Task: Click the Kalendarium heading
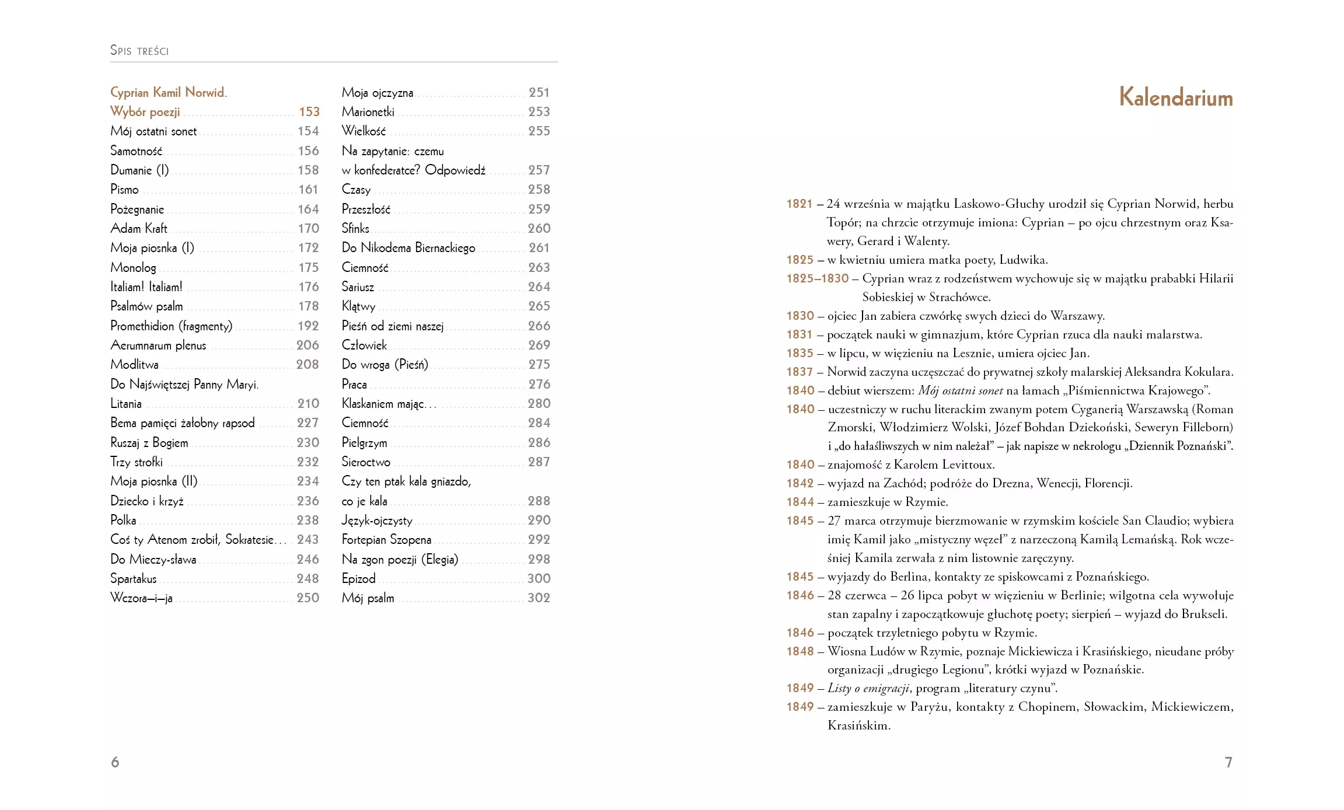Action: (1175, 97)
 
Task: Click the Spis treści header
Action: (139, 51)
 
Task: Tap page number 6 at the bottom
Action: (115, 762)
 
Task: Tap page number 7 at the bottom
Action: (1228, 762)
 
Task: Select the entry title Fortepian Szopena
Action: (386, 540)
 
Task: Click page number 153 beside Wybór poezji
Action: (309, 112)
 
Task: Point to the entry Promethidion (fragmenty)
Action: (171, 326)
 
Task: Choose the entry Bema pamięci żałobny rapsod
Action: (182, 423)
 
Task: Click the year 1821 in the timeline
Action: (800, 204)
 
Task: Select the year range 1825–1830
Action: (818, 278)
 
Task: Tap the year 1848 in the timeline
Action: (800, 651)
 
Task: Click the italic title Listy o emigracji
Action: (868, 689)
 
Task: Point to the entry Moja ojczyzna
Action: (378, 93)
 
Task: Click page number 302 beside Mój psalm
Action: (539, 598)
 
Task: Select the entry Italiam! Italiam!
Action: (146, 287)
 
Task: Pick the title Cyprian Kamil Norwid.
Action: (169, 93)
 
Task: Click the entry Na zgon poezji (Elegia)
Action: (400, 560)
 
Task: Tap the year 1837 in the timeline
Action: (800, 372)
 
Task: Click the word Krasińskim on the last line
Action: (858, 726)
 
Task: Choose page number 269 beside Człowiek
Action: (539, 345)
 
